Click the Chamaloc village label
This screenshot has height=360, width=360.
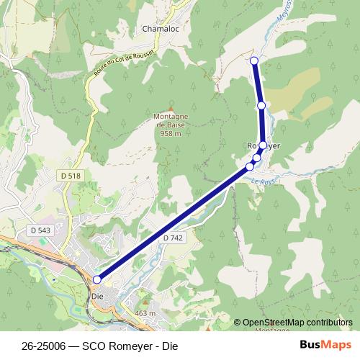point(161,29)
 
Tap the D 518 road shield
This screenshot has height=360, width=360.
point(70,176)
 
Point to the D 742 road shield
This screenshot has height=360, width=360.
point(174,238)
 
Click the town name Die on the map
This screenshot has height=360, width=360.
point(99,295)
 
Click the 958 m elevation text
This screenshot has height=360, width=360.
point(170,133)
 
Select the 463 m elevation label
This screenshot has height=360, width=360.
point(145,314)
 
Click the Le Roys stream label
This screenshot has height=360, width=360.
point(264,182)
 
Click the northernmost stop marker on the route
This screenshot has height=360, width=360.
point(254,60)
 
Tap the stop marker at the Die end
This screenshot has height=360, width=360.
point(97,279)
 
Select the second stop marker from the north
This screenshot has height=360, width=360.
point(261,106)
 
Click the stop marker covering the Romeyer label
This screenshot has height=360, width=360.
point(263,145)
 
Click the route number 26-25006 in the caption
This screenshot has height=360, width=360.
point(45,344)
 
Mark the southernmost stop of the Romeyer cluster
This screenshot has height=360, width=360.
point(250,167)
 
